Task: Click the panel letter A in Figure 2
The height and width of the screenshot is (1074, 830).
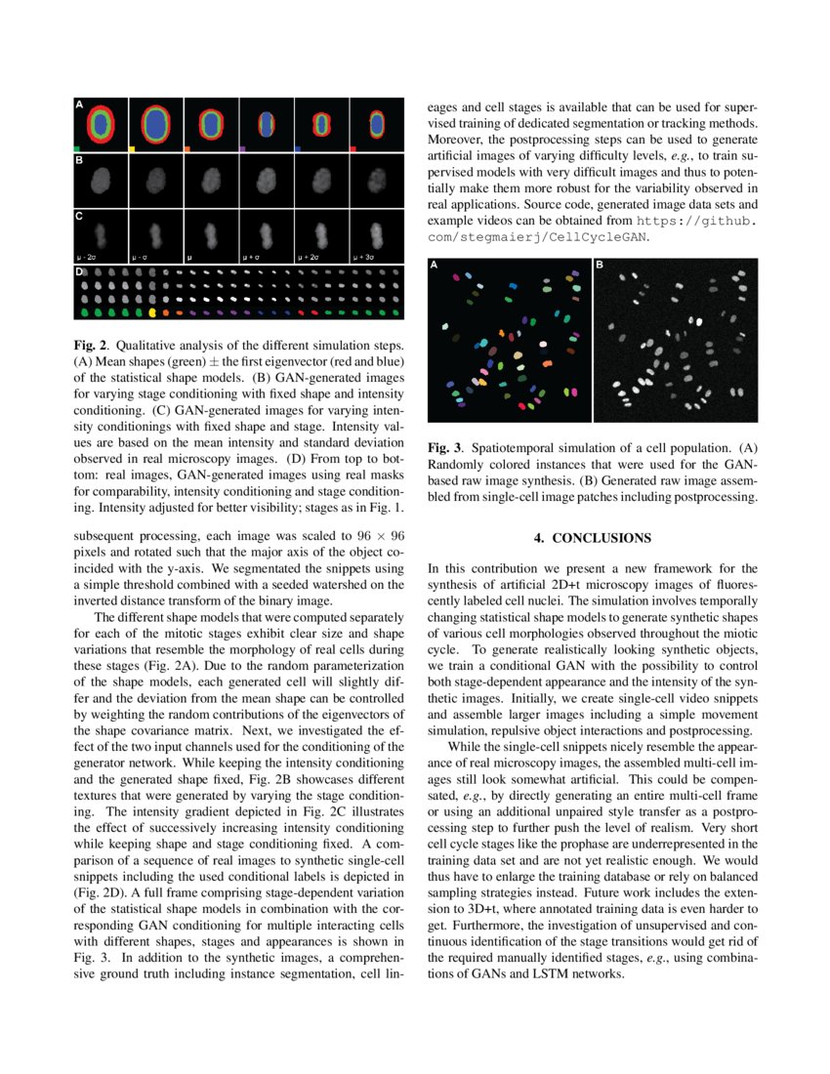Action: coord(79,103)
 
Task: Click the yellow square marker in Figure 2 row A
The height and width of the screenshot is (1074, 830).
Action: coord(132,148)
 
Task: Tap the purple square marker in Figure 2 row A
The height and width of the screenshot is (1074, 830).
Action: coord(242,148)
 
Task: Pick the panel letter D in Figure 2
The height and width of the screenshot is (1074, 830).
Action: coord(79,271)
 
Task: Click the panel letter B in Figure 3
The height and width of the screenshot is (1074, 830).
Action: coord(600,265)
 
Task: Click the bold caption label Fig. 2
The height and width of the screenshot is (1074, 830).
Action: coord(90,347)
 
